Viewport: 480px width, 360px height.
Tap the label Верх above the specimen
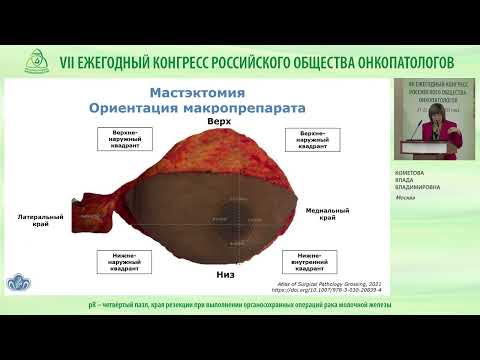click(x=219, y=120)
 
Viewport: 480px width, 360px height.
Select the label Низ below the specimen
click(x=225, y=271)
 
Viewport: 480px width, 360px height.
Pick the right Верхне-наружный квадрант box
click(x=313, y=141)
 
